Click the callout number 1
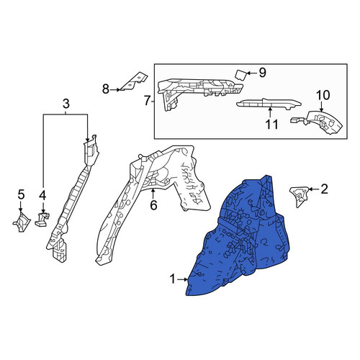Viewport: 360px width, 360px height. tap(173, 279)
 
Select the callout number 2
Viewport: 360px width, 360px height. tap(324, 189)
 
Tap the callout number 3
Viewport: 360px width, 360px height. tap(66, 104)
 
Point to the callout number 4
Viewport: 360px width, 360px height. tap(42, 196)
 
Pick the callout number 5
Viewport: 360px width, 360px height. tap(21, 194)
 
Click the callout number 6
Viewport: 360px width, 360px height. tap(153, 205)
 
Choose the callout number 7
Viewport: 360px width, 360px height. tap(147, 101)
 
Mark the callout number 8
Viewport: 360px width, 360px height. tap(106, 89)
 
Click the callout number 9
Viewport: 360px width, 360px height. tap(263, 73)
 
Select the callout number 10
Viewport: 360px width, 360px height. tap(323, 95)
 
